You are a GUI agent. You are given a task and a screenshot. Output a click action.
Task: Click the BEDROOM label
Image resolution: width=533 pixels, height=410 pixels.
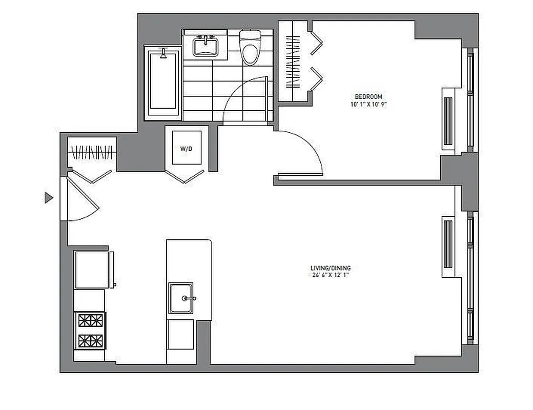point(368,96)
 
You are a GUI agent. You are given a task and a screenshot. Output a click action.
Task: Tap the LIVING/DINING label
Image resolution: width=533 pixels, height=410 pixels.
point(331,268)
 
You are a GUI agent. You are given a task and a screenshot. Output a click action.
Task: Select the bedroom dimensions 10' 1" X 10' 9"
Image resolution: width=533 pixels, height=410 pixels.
point(368,104)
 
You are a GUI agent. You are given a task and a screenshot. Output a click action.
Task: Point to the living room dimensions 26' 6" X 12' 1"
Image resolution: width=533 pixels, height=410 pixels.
point(331,275)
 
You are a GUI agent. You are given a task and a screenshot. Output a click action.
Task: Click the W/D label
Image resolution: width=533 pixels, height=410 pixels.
point(186,148)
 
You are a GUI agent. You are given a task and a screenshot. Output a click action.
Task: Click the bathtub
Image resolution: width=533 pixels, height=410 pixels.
point(163,83)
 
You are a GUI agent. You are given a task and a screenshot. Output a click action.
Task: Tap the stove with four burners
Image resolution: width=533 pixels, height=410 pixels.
point(90,331)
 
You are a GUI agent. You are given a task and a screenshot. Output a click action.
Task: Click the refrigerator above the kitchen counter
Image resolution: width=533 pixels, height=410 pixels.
point(92,270)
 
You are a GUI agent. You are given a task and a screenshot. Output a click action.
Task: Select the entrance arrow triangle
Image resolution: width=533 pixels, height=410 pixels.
point(49,197)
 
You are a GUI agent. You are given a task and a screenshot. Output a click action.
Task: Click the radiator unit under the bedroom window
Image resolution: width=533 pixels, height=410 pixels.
point(448,120)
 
